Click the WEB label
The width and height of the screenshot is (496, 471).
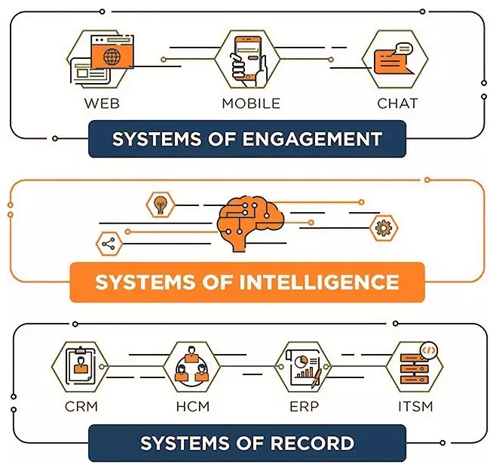(102, 103)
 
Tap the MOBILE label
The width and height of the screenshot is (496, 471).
(251, 103)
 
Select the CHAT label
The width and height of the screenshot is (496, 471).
(397, 103)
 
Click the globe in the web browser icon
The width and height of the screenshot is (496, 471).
(112, 57)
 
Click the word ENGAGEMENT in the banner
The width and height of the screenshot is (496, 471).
(312, 139)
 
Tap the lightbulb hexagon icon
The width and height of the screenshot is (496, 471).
(161, 205)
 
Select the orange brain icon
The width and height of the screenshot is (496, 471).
(250, 224)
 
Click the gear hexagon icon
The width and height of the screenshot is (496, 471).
(384, 227)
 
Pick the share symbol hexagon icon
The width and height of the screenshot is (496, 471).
(109, 244)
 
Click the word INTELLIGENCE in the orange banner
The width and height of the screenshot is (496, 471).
(319, 282)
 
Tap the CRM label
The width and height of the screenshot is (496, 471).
(81, 406)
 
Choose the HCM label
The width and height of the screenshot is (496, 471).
(193, 406)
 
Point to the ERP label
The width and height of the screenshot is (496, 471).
(304, 406)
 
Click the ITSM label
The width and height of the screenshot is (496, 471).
(415, 406)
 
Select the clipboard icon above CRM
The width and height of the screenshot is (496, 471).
(80, 366)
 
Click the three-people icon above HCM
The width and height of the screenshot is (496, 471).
(191, 365)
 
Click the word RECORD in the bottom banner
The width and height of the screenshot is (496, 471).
(312, 443)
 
